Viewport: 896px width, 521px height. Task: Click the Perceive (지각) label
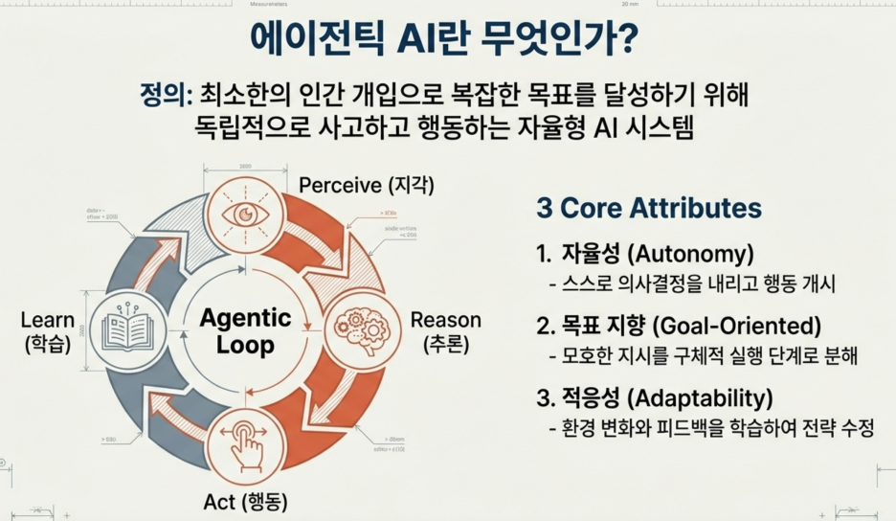click(x=367, y=185)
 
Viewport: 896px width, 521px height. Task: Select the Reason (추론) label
click(x=445, y=331)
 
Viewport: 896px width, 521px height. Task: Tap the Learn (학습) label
click(x=47, y=331)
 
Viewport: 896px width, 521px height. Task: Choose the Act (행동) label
click(x=246, y=501)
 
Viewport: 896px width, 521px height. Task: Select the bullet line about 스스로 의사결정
click(x=692, y=284)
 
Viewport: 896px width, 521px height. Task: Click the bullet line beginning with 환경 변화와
click(x=711, y=427)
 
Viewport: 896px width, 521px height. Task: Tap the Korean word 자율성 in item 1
click(x=589, y=255)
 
